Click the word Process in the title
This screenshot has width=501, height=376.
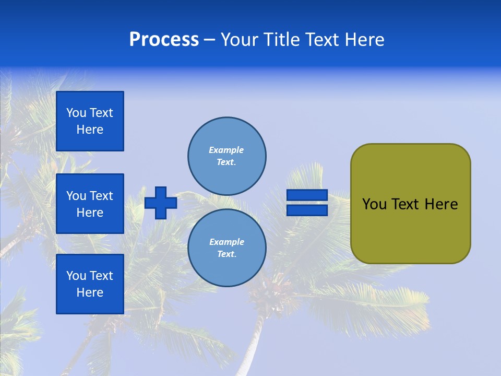(164, 40)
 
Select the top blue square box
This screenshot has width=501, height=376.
(90, 121)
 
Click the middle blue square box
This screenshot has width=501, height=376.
(90, 204)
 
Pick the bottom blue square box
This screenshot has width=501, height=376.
(90, 284)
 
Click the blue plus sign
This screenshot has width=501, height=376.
(161, 203)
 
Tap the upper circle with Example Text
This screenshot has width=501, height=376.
(227, 156)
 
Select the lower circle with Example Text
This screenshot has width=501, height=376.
(227, 248)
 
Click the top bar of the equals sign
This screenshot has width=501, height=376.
(307, 195)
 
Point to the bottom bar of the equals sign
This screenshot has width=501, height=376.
(307, 210)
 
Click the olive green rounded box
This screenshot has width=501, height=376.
(410, 230)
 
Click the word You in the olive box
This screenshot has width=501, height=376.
(374, 204)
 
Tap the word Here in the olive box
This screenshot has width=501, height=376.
(441, 204)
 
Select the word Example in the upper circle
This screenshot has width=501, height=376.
(226, 150)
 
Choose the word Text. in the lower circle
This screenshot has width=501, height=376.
(226, 254)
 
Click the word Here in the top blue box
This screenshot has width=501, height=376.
(90, 130)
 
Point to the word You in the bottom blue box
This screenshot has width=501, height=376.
(76, 276)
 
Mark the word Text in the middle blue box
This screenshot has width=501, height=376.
(101, 196)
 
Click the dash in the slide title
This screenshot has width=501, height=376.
(210, 40)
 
